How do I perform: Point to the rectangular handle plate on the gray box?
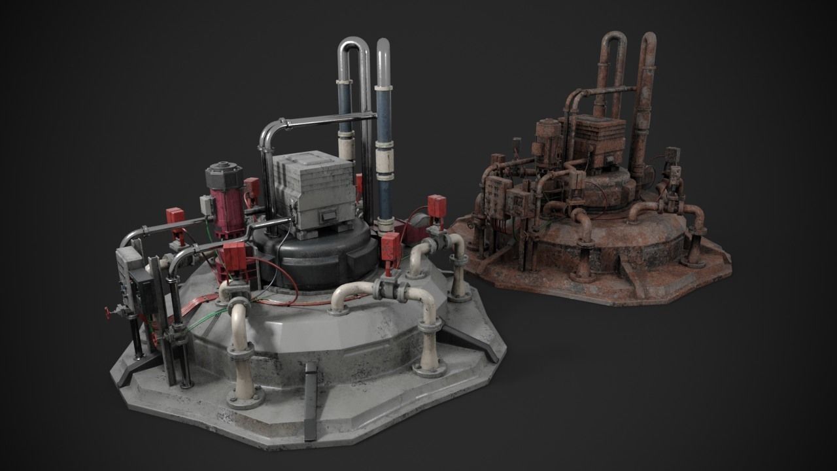(327, 214)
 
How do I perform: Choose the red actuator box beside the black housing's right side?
(391, 249)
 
